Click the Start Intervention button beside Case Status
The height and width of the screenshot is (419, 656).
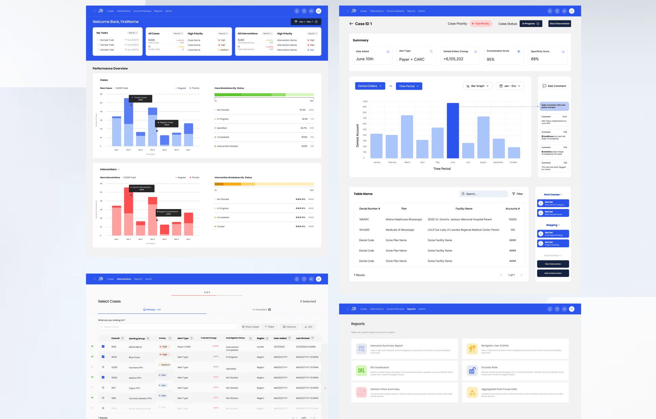coord(560,24)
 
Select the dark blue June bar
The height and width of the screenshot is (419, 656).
coord(453,131)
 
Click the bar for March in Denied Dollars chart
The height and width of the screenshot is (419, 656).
coord(407,137)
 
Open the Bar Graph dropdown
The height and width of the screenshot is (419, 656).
coord(478,86)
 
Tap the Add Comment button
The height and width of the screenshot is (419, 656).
coord(554,86)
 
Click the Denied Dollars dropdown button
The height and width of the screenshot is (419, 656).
coord(370,86)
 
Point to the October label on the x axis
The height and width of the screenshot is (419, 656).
coord(513,162)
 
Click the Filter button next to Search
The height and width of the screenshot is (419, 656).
coord(517,194)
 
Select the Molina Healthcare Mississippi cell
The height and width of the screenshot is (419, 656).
coord(404,219)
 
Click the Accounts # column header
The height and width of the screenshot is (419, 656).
coord(512,209)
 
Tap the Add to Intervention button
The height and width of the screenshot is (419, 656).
coord(553,273)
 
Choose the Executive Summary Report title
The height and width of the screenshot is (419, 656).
coord(387,346)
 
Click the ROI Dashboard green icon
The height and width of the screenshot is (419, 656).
coord(361,371)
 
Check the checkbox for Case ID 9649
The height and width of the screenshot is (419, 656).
coord(103,357)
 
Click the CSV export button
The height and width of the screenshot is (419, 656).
coord(308,327)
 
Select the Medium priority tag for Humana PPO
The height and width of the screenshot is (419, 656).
coord(165,365)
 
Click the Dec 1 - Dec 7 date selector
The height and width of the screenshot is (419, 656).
coord(306,22)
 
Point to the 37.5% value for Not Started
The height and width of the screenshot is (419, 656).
coord(302,110)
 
